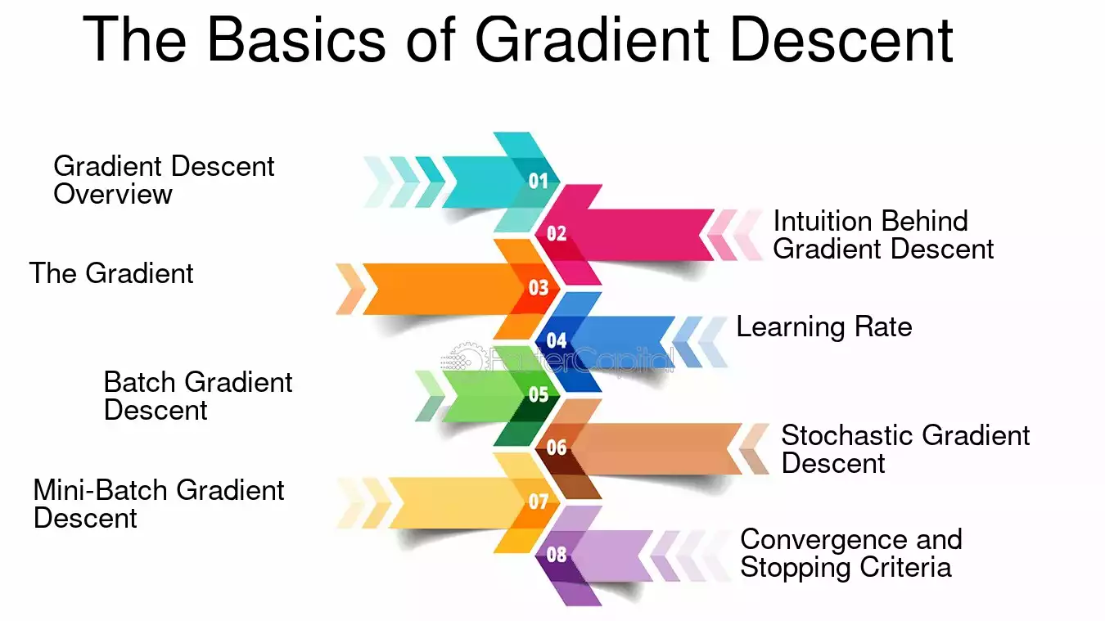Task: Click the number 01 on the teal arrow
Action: coord(539,181)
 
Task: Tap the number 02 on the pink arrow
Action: coord(557,233)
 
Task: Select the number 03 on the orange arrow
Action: coord(539,287)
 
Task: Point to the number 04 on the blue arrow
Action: coord(557,340)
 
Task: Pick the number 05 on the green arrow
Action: coord(539,394)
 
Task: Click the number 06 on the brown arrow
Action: coord(557,448)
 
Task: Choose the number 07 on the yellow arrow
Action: coord(539,502)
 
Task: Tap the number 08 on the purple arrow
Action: coord(557,555)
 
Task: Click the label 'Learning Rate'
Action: coord(824,326)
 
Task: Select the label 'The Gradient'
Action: coord(111,273)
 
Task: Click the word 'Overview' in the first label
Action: coord(113,194)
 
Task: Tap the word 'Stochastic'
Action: coord(847,435)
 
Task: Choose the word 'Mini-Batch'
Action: coord(101,490)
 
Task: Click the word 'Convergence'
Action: coord(823,539)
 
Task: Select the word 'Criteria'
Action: coord(905,567)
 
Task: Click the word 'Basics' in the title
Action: coord(296,39)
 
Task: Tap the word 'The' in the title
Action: coord(134,39)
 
